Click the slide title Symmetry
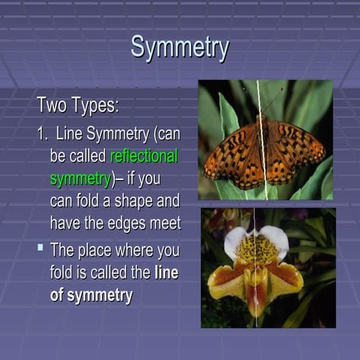179,46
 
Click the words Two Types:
78,106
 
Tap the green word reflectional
143,157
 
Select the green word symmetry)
80,178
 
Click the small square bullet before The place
40,245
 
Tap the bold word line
166,273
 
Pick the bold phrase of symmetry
91,295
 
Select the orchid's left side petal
225,280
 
